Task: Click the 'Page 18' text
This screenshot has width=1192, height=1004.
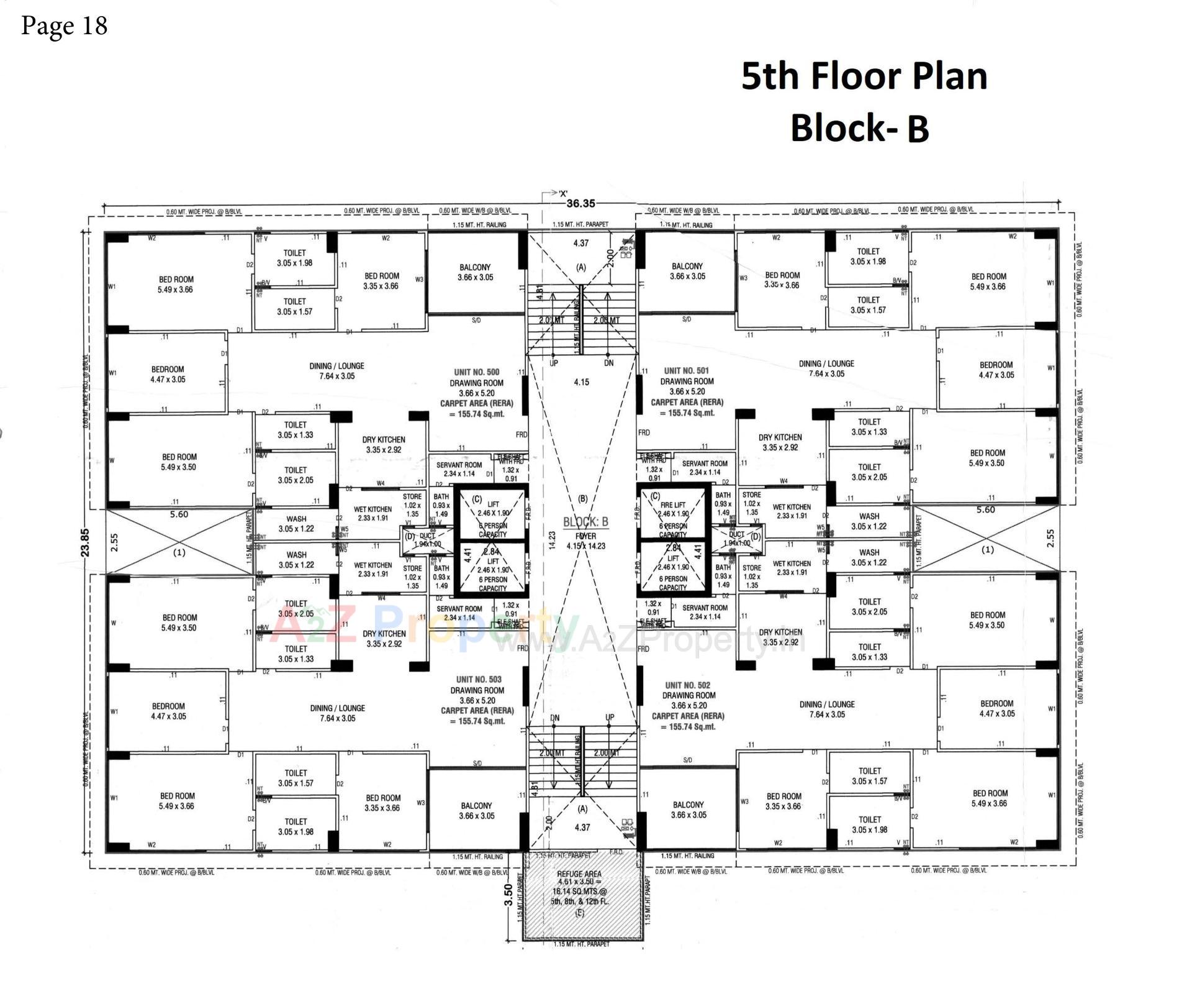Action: coord(64,25)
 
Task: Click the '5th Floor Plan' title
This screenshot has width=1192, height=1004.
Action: coord(864,76)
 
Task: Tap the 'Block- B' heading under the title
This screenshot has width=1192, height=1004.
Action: coord(859,128)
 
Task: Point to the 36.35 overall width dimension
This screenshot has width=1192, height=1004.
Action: coord(580,203)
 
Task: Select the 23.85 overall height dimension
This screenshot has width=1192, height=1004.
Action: coord(85,542)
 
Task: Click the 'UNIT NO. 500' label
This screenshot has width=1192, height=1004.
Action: coord(476,372)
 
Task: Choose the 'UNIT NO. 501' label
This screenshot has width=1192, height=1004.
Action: coord(686,370)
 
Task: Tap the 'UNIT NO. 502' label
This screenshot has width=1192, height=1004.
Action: coord(687,685)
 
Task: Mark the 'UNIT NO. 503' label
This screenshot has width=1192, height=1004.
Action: coord(478,680)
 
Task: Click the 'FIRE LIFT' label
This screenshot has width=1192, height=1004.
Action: coord(673,505)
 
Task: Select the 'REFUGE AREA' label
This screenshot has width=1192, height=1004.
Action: coord(579,874)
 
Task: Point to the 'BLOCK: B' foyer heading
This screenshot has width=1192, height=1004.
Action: coord(585,522)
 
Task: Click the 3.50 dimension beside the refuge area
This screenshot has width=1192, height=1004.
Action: coord(508,895)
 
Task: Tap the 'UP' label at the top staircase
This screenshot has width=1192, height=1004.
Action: coord(553,363)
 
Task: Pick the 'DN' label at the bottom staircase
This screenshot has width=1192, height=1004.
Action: coord(554,718)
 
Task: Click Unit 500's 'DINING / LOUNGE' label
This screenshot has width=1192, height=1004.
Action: coord(336,366)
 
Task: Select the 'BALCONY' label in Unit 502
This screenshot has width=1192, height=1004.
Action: coord(688,805)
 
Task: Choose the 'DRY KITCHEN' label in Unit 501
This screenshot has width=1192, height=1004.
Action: coord(780,437)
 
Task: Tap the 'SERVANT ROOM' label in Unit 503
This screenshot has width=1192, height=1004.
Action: coord(459,609)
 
